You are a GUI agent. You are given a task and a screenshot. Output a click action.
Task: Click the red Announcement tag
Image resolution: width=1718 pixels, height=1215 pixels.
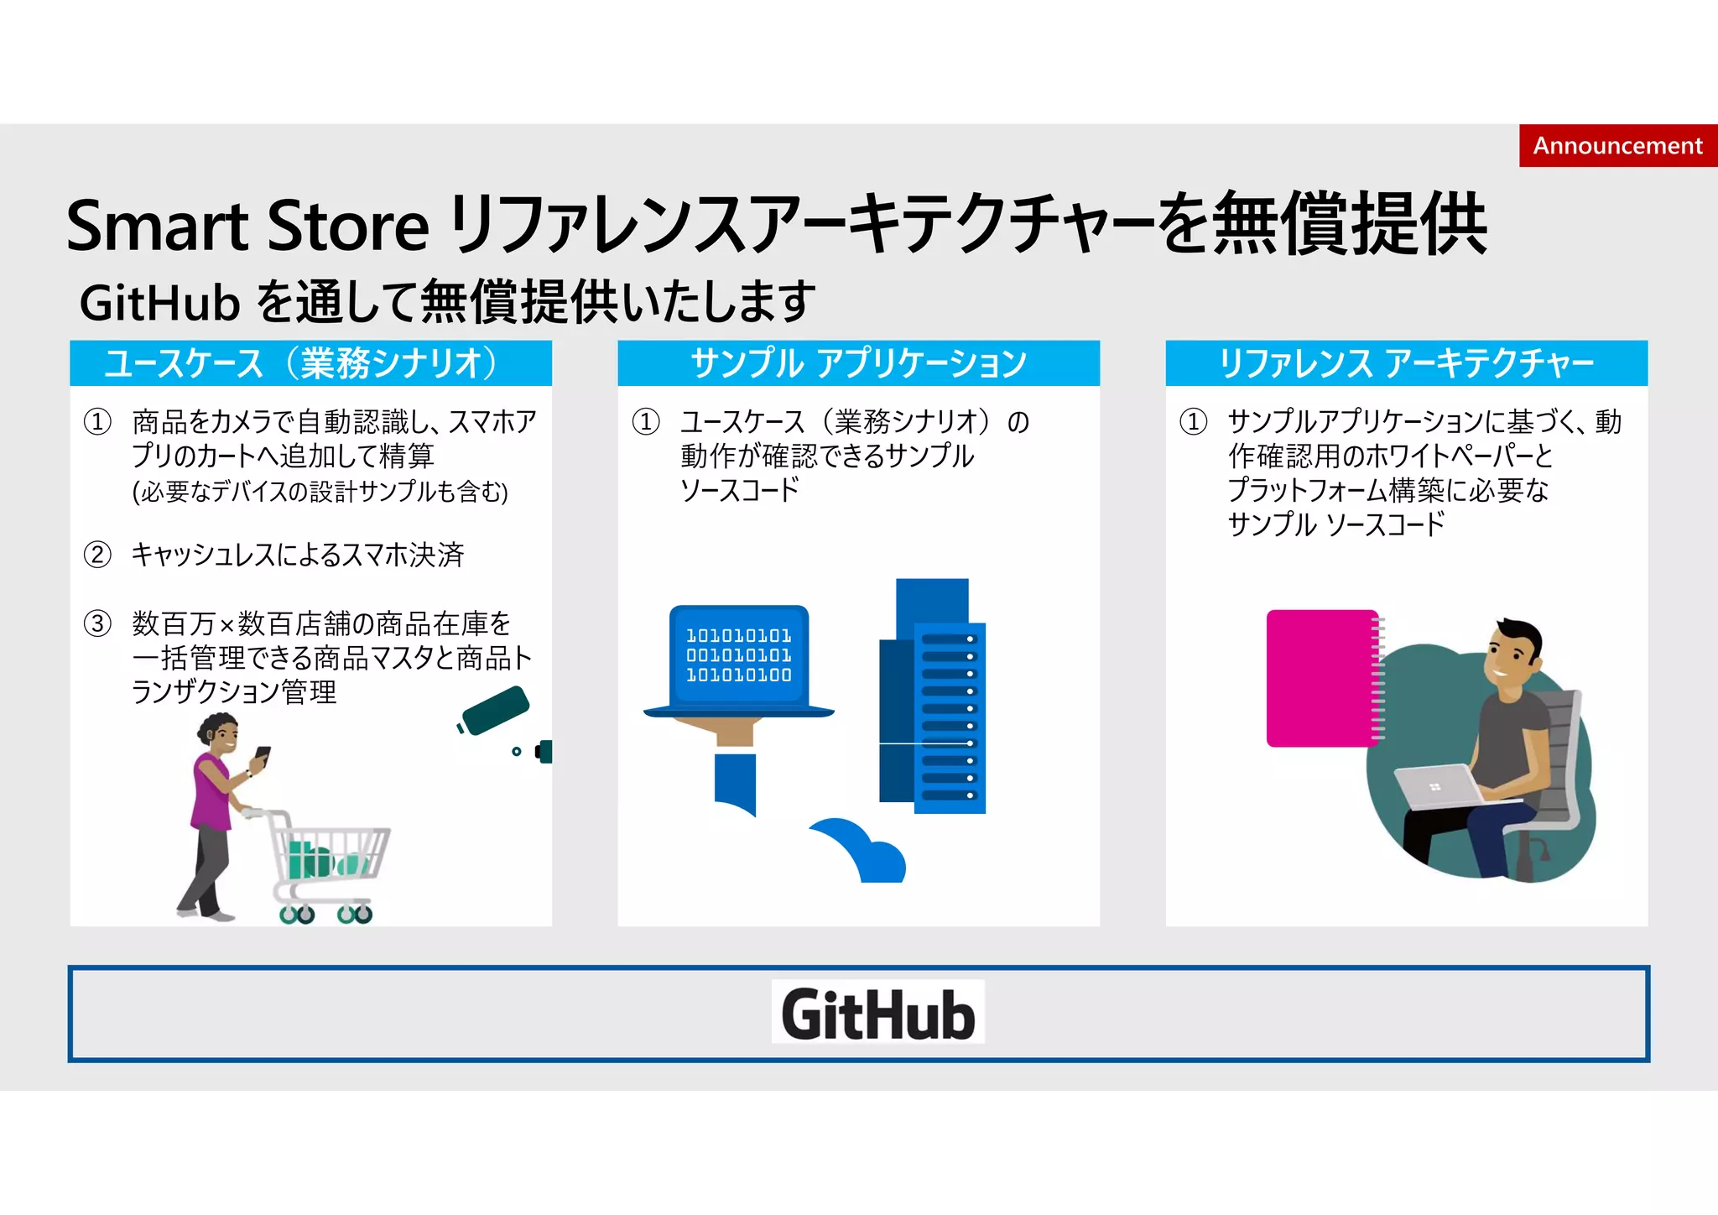(1617, 146)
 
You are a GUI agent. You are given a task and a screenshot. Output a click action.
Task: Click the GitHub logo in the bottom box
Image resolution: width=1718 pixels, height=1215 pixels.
(877, 1013)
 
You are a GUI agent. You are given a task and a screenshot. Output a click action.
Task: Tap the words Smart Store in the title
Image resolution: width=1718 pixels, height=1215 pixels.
(247, 227)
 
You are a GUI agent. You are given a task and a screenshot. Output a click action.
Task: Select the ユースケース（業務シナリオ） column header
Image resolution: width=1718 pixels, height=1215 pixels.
(310, 363)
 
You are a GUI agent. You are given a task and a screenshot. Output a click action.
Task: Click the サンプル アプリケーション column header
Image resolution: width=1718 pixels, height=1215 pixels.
(858, 363)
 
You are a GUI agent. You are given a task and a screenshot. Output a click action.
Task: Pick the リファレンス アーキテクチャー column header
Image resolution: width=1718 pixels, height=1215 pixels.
(1406, 363)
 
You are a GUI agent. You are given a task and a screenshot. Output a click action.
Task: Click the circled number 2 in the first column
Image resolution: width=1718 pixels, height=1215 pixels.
(97, 555)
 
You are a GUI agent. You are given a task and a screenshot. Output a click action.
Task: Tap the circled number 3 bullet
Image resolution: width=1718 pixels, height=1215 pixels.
(97, 623)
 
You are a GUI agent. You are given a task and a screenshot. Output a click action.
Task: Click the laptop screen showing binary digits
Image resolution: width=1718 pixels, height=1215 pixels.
(738, 655)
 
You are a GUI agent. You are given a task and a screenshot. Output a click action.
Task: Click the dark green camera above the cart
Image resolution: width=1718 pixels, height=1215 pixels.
(495, 710)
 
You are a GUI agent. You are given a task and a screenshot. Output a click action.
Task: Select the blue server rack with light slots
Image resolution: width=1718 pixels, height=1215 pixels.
(949, 717)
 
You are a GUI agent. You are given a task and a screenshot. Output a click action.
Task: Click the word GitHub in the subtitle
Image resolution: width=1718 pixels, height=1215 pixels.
(159, 303)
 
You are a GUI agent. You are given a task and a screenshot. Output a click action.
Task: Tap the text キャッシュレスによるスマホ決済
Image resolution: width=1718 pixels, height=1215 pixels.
(298, 555)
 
